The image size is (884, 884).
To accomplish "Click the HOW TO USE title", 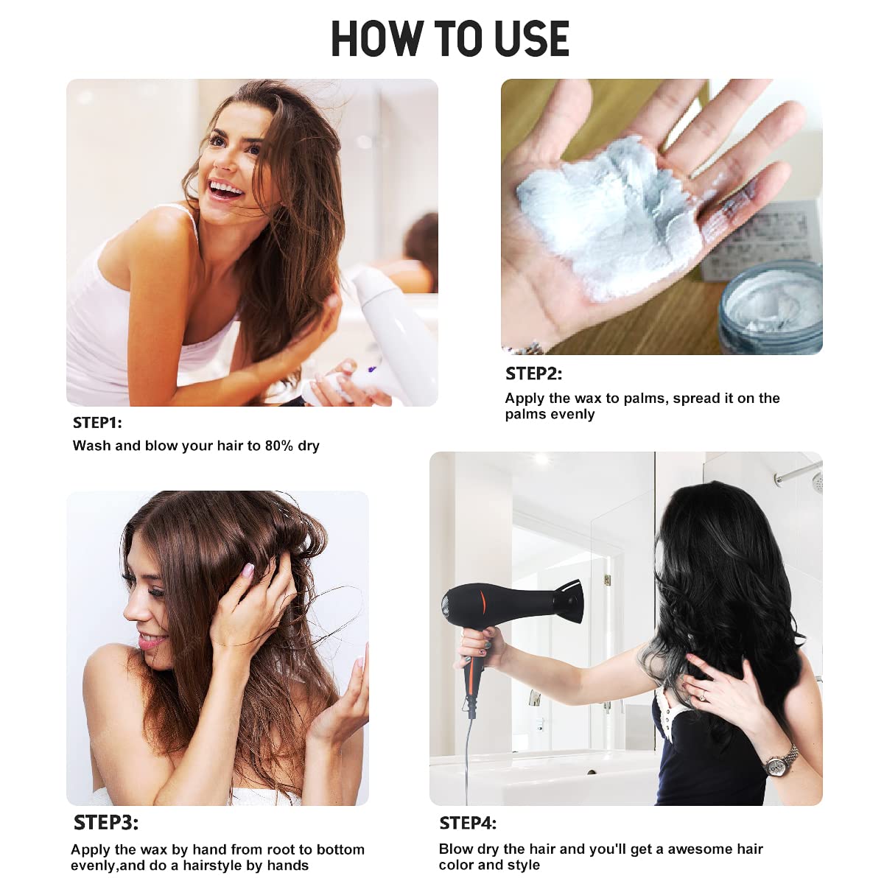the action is (450, 39).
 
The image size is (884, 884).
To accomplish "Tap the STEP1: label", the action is (97, 423).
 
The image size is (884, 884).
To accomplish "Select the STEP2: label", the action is (533, 373).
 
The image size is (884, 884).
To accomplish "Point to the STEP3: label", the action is (105, 823).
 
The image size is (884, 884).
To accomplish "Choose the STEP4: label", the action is (468, 823).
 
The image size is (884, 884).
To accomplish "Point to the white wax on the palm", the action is (610, 216).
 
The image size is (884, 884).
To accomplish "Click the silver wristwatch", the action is (780, 763).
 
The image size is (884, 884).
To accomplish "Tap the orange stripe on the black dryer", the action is (481, 605).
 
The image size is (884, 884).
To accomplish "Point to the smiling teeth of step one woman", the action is (225, 189).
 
